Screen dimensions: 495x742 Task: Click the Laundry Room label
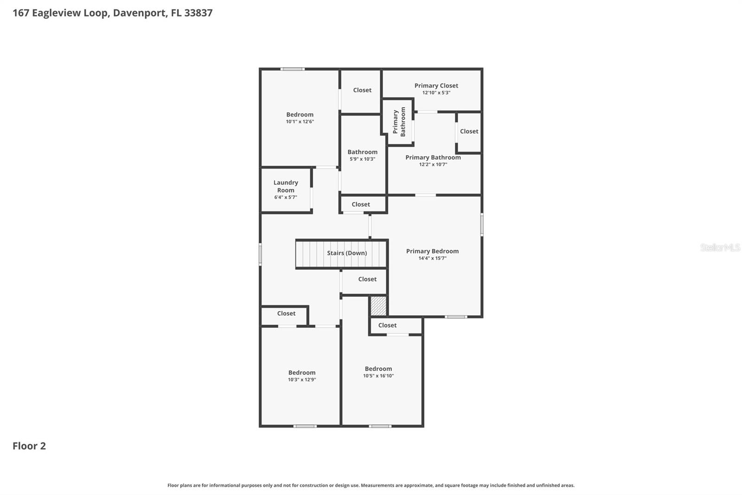pos(286,186)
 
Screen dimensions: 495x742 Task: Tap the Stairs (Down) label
pos(346,253)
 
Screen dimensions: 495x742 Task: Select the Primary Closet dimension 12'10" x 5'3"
pos(436,93)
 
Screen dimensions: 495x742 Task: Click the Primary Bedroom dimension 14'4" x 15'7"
pos(432,258)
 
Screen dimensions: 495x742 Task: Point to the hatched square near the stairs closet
pos(378,306)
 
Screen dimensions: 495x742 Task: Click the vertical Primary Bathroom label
pos(399,122)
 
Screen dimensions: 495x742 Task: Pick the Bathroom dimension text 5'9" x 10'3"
pos(362,159)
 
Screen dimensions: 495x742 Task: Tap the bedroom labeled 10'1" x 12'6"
pos(300,118)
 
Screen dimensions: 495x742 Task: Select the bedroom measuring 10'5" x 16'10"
pos(378,372)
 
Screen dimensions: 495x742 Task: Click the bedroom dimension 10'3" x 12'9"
pos(302,380)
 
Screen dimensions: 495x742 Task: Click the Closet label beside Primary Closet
pos(362,90)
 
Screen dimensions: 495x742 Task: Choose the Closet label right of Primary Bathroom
pos(469,131)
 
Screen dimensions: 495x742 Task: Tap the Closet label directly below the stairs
pos(367,279)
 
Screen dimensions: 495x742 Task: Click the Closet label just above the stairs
pos(361,204)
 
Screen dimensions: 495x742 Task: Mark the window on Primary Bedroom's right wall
pos(482,224)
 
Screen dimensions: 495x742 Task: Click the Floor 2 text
pos(29,446)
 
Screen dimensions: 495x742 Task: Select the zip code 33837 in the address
pos(198,13)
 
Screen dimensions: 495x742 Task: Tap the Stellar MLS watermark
pos(720,247)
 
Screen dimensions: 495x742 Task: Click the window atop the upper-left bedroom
pos(293,69)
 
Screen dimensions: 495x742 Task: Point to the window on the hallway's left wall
pos(260,254)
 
